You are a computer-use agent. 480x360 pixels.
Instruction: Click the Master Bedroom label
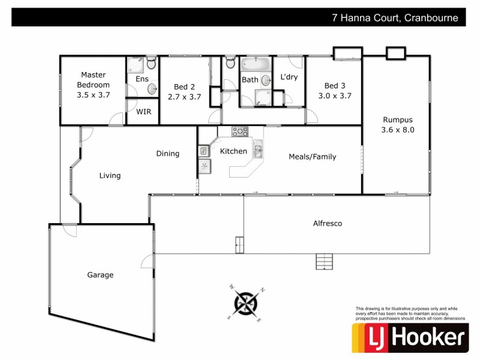click(x=93, y=80)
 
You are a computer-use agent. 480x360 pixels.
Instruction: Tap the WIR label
click(x=143, y=112)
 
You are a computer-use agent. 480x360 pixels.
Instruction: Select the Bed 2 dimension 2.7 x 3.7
click(x=184, y=96)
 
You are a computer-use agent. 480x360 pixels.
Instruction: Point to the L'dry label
click(x=289, y=77)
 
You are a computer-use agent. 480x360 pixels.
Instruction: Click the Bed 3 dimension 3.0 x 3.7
click(x=334, y=95)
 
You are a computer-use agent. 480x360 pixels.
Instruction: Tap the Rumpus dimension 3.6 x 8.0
click(x=398, y=129)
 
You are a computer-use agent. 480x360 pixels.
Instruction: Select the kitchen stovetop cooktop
click(x=240, y=131)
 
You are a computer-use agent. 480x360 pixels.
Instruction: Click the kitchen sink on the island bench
click(x=257, y=149)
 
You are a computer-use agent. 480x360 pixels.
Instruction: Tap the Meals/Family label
click(x=312, y=157)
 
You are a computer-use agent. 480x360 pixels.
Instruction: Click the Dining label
click(x=167, y=154)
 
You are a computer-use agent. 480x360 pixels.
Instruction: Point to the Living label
click(x=110, y=176)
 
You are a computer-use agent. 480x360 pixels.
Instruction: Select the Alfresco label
click(x=328, y=223)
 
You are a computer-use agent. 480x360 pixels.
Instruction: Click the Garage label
click(x=100, y=275)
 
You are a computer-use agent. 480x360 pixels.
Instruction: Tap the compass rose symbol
click(x=245, y=303)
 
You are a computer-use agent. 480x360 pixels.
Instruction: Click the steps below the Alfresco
click(x=324, y=262)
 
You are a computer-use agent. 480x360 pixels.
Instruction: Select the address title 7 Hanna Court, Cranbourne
click(x=395, y=18)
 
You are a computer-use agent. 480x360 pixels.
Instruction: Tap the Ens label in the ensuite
click(x=142, y=79)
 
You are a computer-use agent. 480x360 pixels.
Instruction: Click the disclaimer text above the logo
click(x=410, y=313)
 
